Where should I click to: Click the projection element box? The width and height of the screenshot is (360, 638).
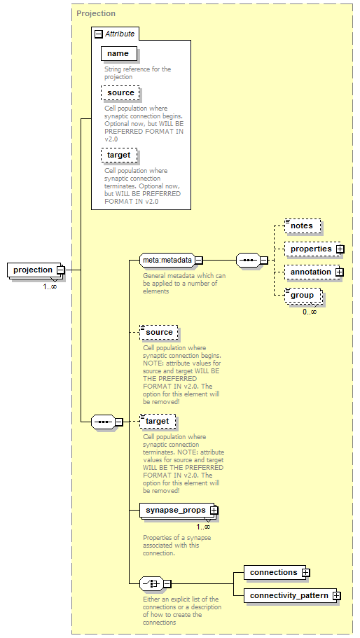click(x=34, y=270)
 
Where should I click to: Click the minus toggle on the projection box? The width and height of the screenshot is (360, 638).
click(x=61, y=270)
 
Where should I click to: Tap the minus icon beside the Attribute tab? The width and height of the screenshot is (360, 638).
click(x=99, y=34)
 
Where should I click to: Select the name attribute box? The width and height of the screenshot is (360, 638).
click(x=119, y=54)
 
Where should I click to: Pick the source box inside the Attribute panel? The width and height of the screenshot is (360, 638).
click(x=120, y=93)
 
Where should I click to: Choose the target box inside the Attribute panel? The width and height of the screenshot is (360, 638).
click(x=119, y=155)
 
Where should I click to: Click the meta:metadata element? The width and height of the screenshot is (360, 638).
click(x=167, y=260)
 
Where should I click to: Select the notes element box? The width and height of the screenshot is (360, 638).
click(x=303, y=226)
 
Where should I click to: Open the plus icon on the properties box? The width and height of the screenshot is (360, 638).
click(x=340, y=249)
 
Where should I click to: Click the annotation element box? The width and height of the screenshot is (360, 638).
click(x=312, y=272)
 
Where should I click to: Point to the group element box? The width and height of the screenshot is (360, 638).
click(x=303, y=296)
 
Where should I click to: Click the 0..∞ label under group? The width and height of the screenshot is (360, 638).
click(x=310, y=312)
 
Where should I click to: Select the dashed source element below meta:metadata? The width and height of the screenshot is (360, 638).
click(x=159, y=333)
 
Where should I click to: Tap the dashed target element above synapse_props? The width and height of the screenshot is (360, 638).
click(x=158, y=422)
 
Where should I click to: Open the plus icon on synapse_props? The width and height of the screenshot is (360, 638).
click(x=214, y=511)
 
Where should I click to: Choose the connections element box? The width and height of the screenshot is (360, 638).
click(x=275, y=572)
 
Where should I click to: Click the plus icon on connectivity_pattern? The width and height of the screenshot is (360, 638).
click(x=336, y=596)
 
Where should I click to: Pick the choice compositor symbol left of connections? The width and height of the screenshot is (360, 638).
click(x=152, y=584)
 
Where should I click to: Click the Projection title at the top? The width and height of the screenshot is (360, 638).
click(x=96, y=13)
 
